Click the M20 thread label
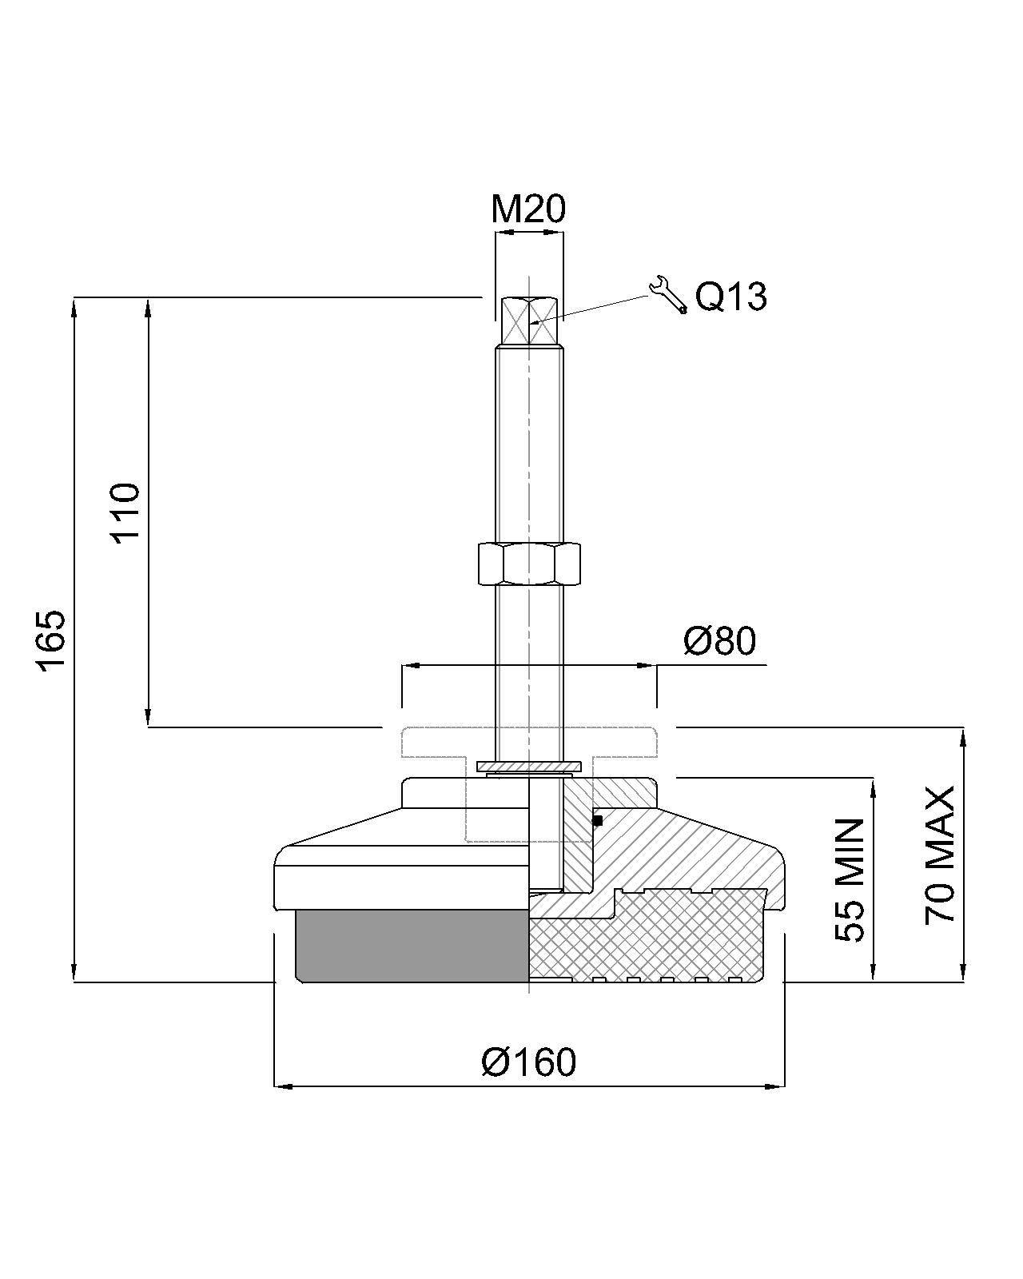pyautogui.click(x=527, y=209)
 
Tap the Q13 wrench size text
pyautogui.click(x=730, y=297)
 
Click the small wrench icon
pyautogui.click(x=667, y=294)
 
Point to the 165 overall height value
pyautogui.click(x=50, y=641)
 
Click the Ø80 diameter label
pyautogui.click(x=719, y=640)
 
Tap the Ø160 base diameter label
pyautogui.click(x=528, y=1062)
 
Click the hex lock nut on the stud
pyautogui.click(x=528, y=564)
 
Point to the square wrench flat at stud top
pyautogui.click(x=528, y=321)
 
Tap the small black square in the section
pyautogui.click(x=597, y=820)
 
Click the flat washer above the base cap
pyautogui.click(x=528, y=767)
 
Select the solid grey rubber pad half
pyautogui.click(x=412, y=945)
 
